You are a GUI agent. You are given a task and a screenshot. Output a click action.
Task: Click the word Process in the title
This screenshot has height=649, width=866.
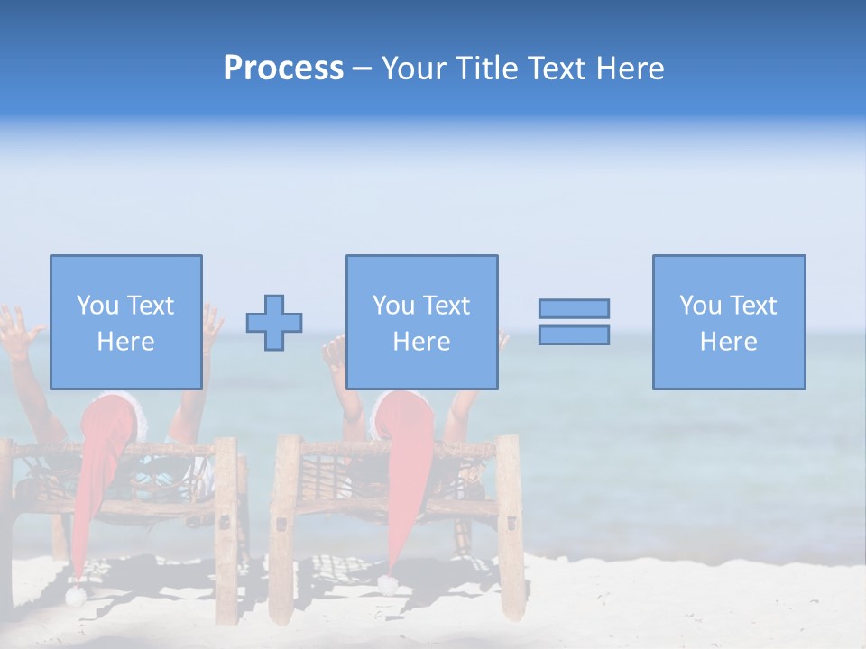(283, 69)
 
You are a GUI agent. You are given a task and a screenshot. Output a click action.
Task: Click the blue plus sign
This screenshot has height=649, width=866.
(274, 323)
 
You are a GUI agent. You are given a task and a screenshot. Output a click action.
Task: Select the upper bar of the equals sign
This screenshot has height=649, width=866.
(574, 308)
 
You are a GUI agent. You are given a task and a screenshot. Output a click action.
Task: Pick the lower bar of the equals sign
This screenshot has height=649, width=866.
(574, 334)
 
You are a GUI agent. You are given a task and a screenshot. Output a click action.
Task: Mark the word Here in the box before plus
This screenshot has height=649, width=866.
(125, 342)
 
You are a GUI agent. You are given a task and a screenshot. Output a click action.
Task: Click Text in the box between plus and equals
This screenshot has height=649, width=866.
(446, 306)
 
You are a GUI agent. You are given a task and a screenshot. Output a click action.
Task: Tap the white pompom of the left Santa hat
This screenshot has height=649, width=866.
(76, 596)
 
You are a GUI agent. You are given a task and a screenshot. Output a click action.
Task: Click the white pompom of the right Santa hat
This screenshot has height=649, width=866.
(388, 584)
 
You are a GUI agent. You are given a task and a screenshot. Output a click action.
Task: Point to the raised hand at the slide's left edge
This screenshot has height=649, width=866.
(16, 326)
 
